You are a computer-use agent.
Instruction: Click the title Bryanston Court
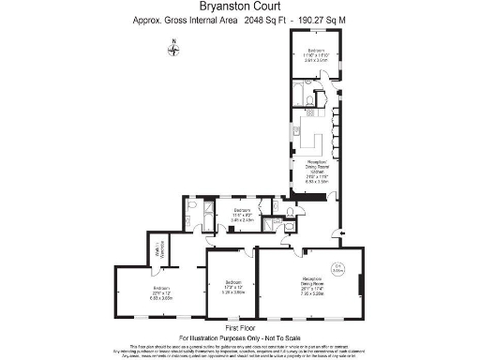click(239, 9)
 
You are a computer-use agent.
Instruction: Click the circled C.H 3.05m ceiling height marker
click(341, 266)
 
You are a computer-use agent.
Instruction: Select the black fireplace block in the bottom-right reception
click(359, 282)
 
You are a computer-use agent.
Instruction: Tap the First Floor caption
click(239, 328)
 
